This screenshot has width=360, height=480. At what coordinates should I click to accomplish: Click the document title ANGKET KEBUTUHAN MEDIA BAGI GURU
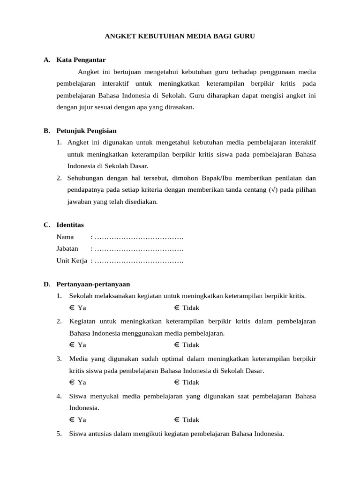click(180, 36)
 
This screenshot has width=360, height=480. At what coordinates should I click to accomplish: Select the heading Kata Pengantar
click(81, 60)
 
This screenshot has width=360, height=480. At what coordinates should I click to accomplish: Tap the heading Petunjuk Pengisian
click(86, 131)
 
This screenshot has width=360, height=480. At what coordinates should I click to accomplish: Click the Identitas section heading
click(70, 225)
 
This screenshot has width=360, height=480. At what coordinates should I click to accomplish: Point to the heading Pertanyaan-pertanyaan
click(93, 284)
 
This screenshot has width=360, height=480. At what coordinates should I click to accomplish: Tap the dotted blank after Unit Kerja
click(139, 261)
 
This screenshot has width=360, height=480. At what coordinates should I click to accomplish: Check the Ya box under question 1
click(72, 308)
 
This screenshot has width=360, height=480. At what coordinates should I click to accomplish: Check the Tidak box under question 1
click(177, 308)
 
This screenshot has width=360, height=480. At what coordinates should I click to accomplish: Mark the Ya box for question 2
click(72, 345)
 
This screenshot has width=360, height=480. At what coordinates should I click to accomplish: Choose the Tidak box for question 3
click(177, 382)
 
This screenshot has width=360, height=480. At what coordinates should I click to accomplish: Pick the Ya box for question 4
click(72, 420)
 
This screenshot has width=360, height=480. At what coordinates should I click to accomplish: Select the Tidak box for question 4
click(177, 420)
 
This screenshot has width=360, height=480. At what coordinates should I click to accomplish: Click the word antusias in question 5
click(100, 434)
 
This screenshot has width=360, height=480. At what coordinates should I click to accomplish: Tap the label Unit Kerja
click(72, 261)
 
